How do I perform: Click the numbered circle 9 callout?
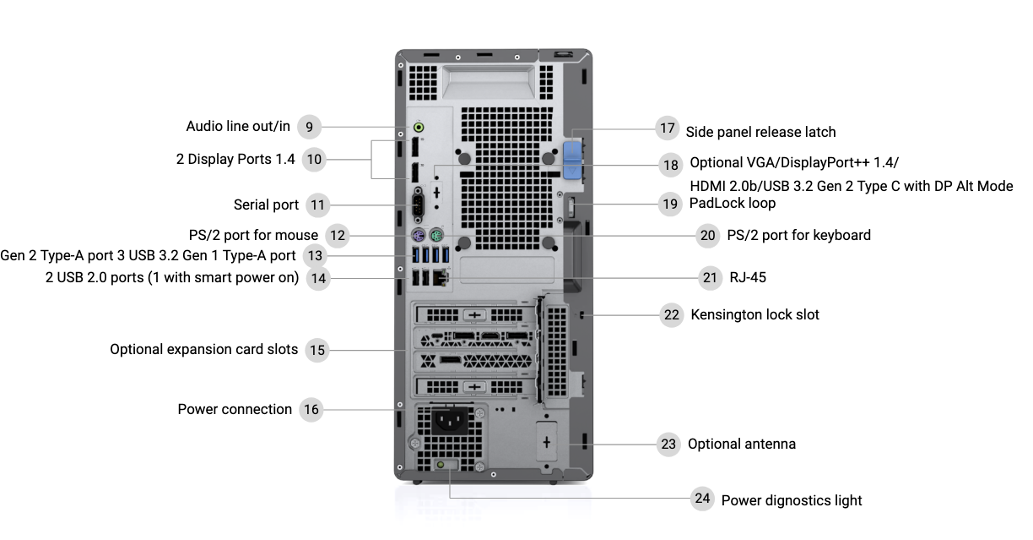[x=310, y=127]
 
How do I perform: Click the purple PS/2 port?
[x=417, y=235]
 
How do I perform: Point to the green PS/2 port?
[x=435, y=235]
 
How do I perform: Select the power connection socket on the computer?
[x=447, y=420]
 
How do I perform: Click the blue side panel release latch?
[x=573, y=160]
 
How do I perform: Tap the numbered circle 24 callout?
[x=702, y=499]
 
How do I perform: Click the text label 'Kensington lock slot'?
[x=754, y=314]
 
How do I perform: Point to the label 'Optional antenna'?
[x=741, y=444]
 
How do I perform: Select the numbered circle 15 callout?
[x=316, y=350]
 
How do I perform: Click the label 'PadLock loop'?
[x=732, y=203]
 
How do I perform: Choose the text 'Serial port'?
[x=266, y=205]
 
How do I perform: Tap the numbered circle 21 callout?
[x=711, y=277]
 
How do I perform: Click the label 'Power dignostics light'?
[x=791, y=500]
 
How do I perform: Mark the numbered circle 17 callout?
[x=668, y=128]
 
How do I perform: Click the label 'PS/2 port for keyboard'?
[x=798, y=235]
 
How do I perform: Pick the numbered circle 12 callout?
[x=338, y=236]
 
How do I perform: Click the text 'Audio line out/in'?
[x=238, y=127]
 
